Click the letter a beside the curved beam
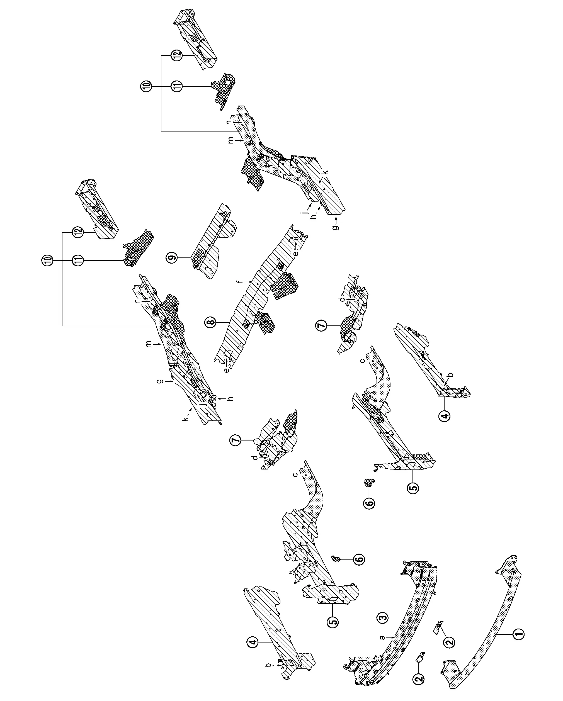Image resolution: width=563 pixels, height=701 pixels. pos(383,637)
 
